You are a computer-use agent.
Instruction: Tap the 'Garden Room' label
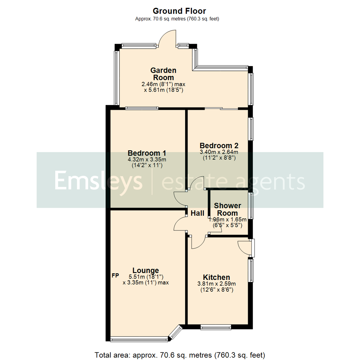(x=163, y=74)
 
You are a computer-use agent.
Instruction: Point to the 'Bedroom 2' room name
(x=219, y=146)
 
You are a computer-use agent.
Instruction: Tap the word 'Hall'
(x=198, y=213)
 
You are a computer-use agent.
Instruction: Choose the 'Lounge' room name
(x=146, y=270)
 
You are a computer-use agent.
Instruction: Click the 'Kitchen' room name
(x=217, y=277)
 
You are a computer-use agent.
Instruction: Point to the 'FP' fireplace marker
(x=115, y=276)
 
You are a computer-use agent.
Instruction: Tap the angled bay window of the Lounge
(x=176, y=333)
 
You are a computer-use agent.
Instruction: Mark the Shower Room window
(x=251, y=206)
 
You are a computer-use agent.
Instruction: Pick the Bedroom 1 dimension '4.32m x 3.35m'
(x=147, y=159)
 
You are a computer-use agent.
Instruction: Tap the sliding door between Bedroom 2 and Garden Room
(x=221, y=108)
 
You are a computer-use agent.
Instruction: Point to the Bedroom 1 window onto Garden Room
(x=142, y=108)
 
